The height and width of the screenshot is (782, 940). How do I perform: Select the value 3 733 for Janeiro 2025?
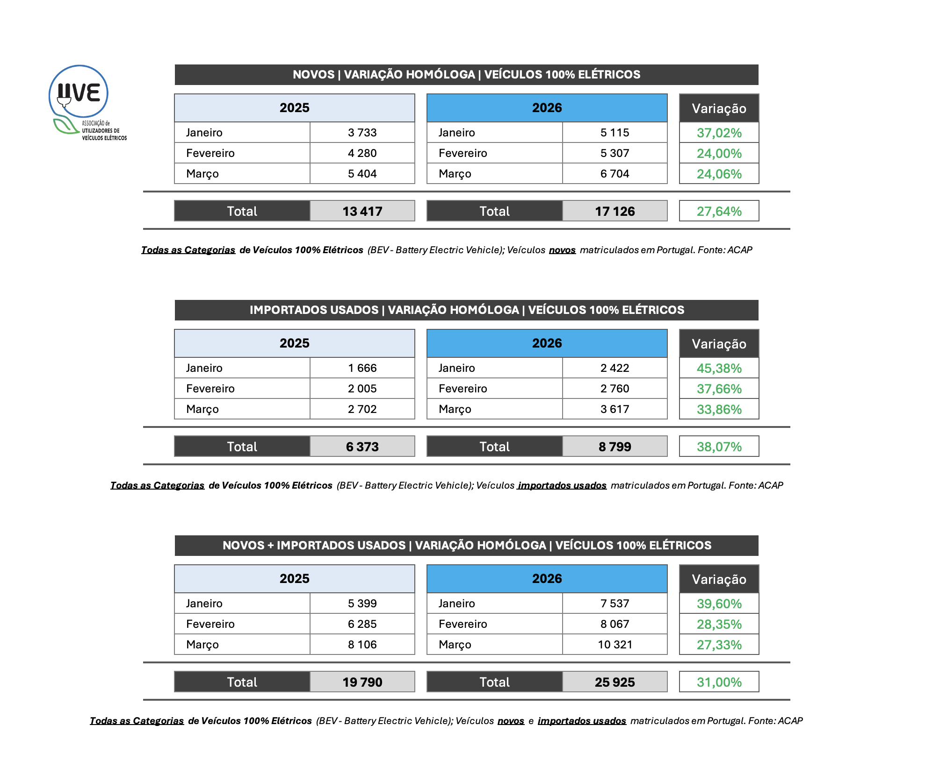[x=362, y=133]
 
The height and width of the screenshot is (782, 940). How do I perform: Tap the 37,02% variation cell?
[x=719, y=133]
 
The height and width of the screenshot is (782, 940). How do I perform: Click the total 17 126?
[x=615, y=212]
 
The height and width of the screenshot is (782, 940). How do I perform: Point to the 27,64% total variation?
[x=719, y=212]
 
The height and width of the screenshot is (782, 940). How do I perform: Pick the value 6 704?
[x=615, y=174]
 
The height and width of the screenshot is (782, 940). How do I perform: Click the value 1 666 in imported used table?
[x=362, y=368]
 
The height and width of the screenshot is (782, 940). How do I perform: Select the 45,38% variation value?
[x=719, y=369]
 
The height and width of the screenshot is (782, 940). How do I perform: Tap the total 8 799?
[x=615, y=447]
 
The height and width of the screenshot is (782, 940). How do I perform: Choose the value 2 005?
[x=362, y=389]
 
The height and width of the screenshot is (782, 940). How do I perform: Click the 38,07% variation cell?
[x=719, y=447]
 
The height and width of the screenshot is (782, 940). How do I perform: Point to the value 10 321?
[x=615, y=645]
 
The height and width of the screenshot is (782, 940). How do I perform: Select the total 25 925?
[x=615, y=682]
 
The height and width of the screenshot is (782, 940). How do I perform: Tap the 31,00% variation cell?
[x=719, y=682]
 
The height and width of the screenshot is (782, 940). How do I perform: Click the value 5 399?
[x=362, y=604]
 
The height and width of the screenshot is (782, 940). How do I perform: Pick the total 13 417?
[x=362, y=212]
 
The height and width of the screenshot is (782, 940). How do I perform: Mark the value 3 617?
[x=615, y=409]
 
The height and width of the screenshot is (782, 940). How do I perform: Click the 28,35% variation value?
[x=719, y=625]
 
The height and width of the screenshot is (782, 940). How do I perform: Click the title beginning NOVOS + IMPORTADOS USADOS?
[x=466, y=546]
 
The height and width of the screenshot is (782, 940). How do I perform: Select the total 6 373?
[x=362, y=447]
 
